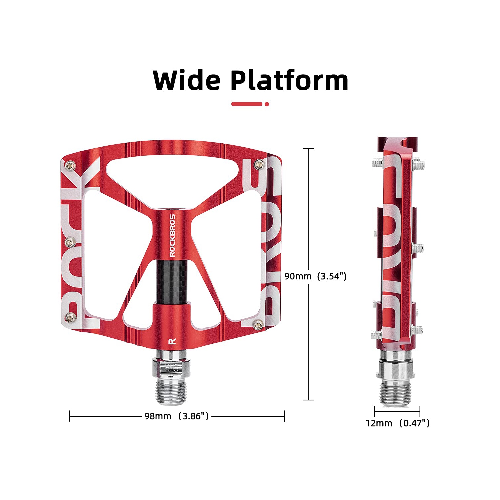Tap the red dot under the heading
(267, 104)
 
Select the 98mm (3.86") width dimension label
(177, 416)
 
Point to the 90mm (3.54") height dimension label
(315, 276)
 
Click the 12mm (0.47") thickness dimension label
(397, 423)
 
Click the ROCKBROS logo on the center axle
(172, 235)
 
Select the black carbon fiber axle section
(172, 282)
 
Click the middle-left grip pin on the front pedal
(70, 242)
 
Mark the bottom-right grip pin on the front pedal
(258, 325)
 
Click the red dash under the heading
(247, 104)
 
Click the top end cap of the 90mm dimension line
(309, 149)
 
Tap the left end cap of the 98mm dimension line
(70, 416)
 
